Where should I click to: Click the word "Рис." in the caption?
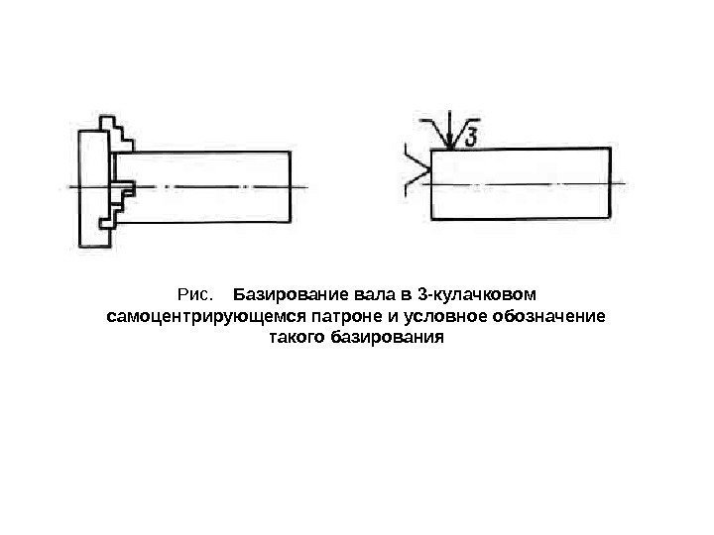click(194, 295)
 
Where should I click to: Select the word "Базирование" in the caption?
click(286, 295)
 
